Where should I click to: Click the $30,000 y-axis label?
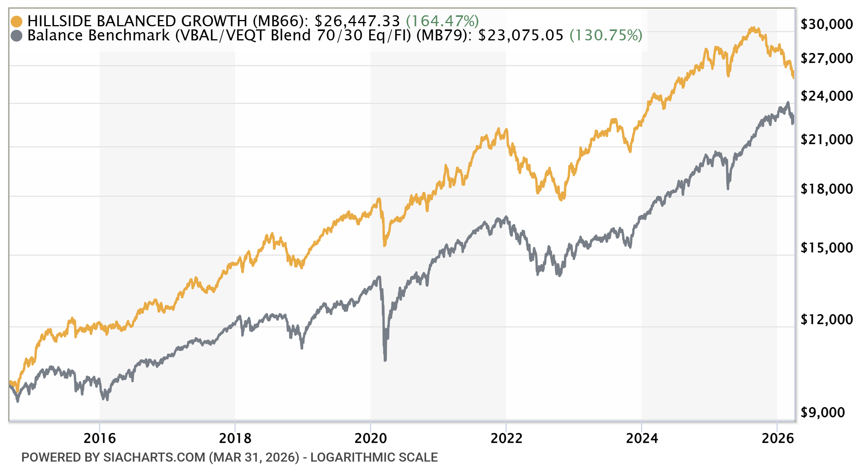click(826, 24)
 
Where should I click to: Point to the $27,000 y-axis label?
click(826, 58)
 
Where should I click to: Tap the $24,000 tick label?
click(826, 96)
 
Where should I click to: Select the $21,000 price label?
click(826, 140)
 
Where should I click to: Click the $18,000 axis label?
click(826, 189)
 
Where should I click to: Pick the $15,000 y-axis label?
click(826, 248)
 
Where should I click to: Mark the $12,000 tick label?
click(826, 320)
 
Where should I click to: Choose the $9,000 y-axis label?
click(822, 413)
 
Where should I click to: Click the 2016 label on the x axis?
click(100, 438)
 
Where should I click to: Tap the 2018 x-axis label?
click(235, 438)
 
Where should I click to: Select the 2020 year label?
click(371, 438)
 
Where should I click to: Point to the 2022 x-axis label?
click(506, 438)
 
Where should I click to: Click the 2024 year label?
click(642, 438)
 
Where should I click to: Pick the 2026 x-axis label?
click(777, 438)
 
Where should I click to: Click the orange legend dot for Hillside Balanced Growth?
click(17, 21)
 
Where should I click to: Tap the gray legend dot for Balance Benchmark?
click(17, 36)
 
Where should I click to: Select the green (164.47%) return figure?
click(442, 21)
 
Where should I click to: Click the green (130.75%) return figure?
click(606, 35)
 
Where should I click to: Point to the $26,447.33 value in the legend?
click(357, 21)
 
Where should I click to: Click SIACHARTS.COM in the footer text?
click(154, 457)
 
